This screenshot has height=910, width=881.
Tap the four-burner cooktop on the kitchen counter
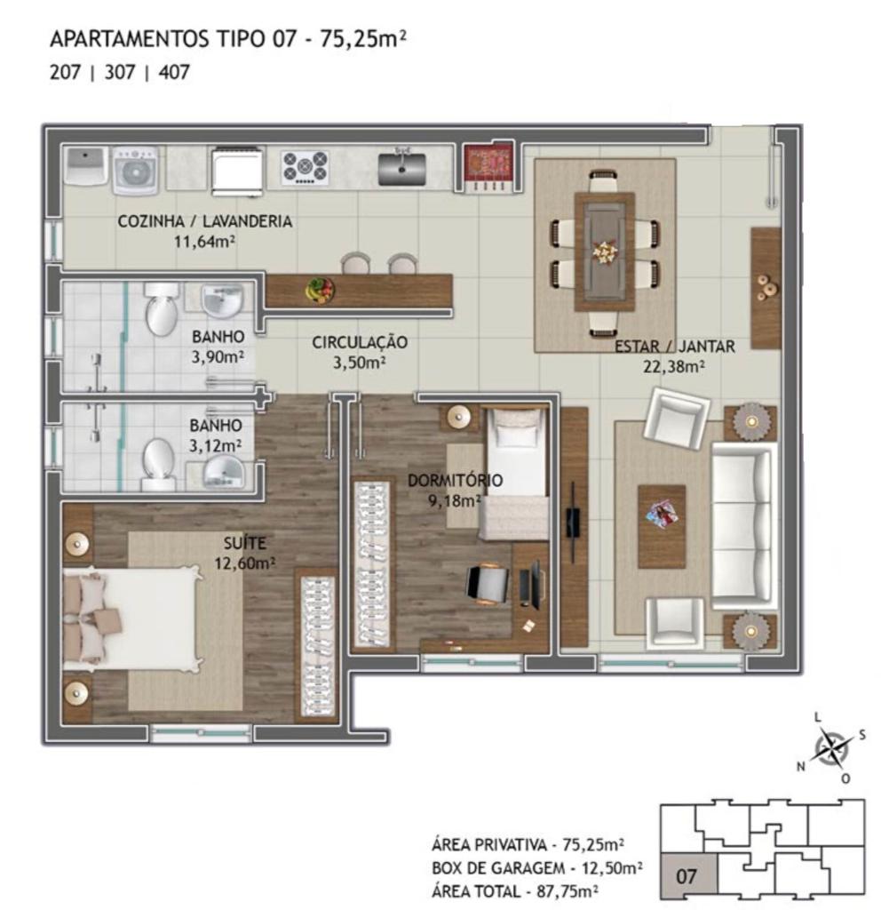[305, 168]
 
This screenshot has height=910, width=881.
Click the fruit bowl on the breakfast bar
[320, 290]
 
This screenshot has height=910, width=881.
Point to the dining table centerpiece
[605, 251]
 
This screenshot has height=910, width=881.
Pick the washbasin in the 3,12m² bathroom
[224, 471]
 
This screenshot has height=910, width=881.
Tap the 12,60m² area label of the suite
[244, 563]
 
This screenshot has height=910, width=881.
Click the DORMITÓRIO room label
[455, 481]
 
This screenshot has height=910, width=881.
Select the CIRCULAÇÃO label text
[360, 342]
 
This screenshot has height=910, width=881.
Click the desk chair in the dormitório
[487, 585]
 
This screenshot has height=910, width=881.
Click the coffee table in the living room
[662, 526]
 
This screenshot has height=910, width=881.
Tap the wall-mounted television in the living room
[573, 522]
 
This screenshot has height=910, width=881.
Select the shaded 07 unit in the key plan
[688, 874]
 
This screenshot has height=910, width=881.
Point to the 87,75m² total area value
[562, 890]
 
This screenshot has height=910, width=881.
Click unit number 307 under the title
[120, 73]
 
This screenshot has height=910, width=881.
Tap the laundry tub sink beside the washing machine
[84, 165]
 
